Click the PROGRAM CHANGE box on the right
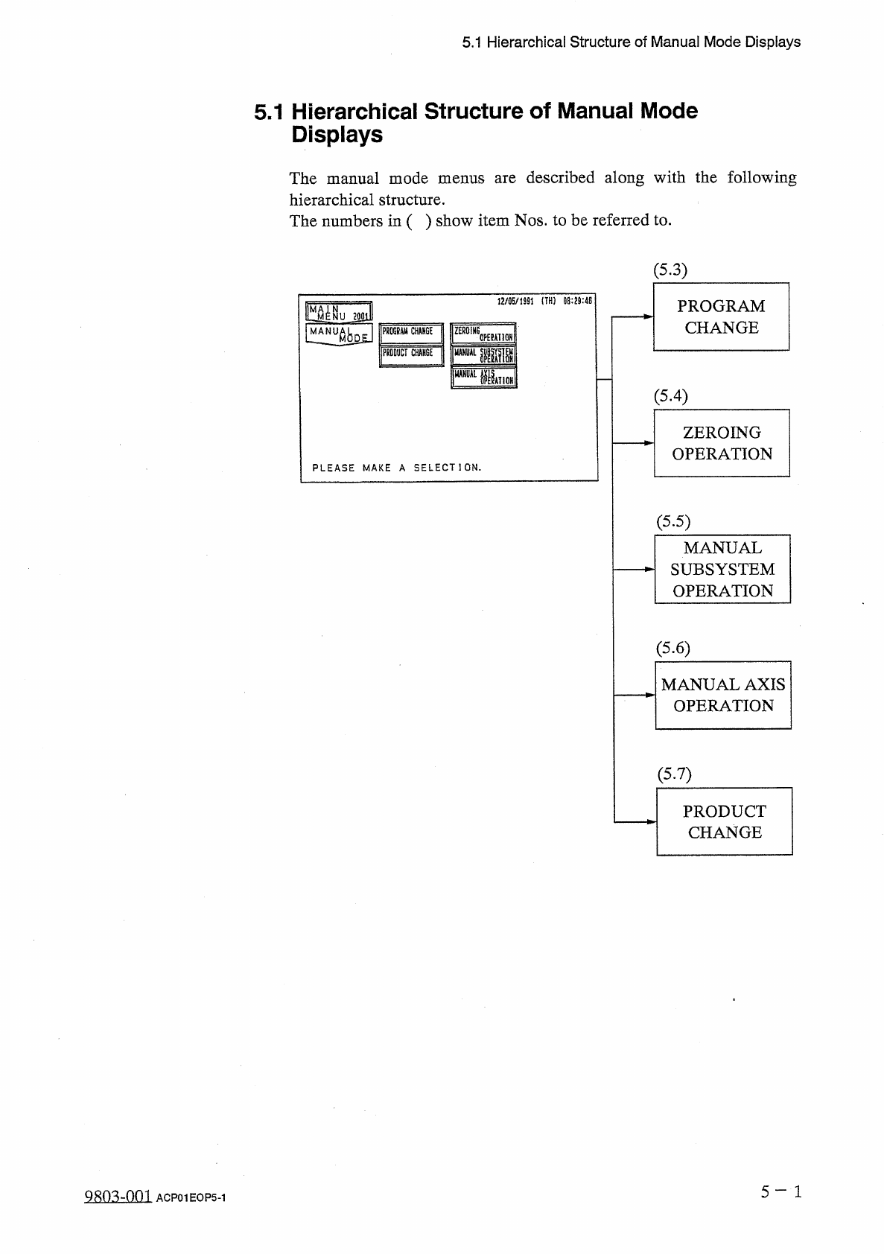coord(720,316)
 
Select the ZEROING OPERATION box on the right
coord(721,443)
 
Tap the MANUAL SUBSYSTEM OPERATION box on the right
coord(722,569)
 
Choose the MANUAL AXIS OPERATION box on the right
coord(722,695)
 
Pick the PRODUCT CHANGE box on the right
coord(724,821)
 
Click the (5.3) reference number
coord(670,270)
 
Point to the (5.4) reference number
coord(670,395)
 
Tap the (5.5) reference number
coord(672,521)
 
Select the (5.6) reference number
coord(672,648)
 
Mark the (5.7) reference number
coord(674,774)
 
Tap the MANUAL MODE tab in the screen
coord(339,334)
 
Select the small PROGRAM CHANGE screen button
coord(411,332)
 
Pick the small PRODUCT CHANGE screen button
coord(411,354)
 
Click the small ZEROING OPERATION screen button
coord(483,333)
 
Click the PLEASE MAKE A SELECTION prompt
coord(396,468)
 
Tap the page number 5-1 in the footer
coord(780,1192)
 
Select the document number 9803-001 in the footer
coord(118,1197)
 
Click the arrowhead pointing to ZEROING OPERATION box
coord(649,443)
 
